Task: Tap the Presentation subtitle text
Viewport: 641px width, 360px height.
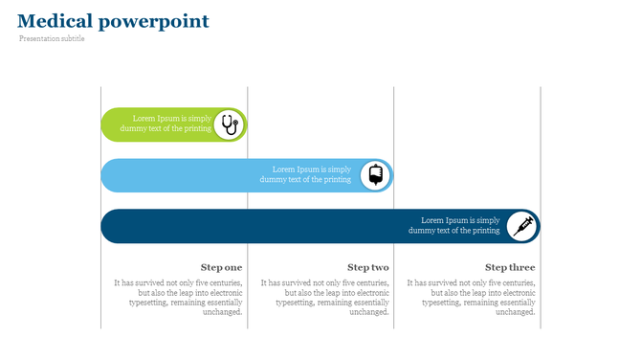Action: point(52,39)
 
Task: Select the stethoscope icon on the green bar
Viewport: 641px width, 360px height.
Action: point(230,124)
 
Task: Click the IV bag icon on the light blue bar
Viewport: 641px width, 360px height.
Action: point(376,175)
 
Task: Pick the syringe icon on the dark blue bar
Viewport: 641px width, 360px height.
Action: point(522,226)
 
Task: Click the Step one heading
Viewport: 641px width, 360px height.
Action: point(221,267)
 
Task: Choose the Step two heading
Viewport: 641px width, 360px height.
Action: point(367,267)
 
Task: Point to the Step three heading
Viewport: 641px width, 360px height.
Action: point(510,267)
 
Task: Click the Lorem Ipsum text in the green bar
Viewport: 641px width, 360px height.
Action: point(172,124)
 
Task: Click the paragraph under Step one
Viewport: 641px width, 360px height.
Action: point(179,297)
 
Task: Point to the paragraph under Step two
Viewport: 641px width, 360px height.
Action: point(325,297)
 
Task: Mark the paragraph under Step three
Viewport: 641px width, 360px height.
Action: point(472,297)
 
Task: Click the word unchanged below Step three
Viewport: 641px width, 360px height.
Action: point(515,312)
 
